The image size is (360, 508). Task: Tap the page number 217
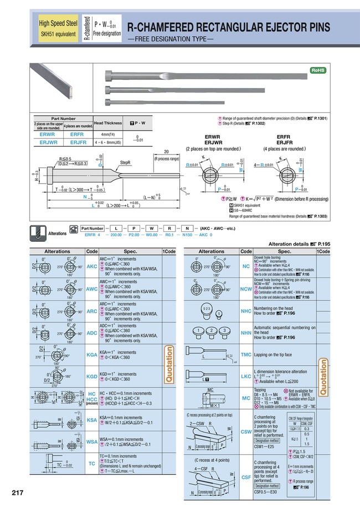point(17,492)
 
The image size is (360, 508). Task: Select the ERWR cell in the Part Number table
point(48,133)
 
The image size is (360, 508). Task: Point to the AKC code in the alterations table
point(92,266)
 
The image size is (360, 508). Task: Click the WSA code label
point(92,442)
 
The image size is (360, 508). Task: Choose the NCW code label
point(246,289)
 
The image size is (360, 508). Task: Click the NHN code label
point(246,334)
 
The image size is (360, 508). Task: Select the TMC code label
point(246,354)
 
